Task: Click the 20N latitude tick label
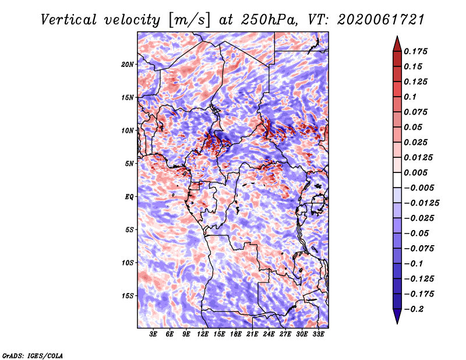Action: [x=128, y=65]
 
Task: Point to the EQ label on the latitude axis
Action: [x=129, y=197]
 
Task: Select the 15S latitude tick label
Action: [x=128, y=296]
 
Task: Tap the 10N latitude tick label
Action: [x=128, y=130]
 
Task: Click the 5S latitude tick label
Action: [x=129, y=230]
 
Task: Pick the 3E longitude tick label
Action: [x=153, y=334]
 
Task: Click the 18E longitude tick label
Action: [x=236, y=334]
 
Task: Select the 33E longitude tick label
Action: [x=318, y=334]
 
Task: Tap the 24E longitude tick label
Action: [x=269, y=334]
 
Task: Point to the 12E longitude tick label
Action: [x=203, y=334]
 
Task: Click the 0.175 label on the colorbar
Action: [x=415, y=51]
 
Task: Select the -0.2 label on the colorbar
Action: [x=414, y=309]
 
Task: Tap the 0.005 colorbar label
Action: [x=415, y=172]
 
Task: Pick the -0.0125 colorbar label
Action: [x=421, y=203]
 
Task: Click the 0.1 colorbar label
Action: [x=410, y=97]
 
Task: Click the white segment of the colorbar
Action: [x=397, y=180]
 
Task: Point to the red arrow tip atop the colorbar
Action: [x=397, y=37]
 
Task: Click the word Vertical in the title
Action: [x=69, y=20]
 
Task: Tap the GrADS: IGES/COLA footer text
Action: [x=33, y=355]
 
